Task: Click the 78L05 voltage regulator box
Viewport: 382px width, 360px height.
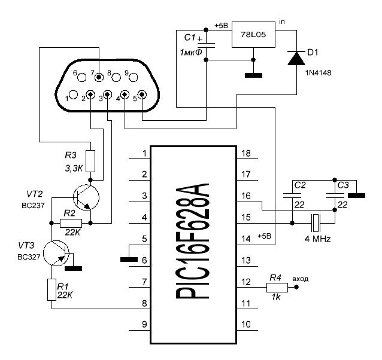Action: pos(253,35)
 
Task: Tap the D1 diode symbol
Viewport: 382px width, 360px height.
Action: pos(296,58)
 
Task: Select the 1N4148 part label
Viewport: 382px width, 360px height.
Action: pos(318,73)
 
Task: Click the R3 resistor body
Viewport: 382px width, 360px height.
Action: pos(90,161)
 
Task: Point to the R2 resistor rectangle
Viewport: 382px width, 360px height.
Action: pos(71,223)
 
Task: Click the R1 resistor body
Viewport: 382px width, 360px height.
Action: pos(51,289)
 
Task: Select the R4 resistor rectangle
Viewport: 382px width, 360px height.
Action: pos(277,288)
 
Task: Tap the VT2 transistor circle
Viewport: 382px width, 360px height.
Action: pos(86,197)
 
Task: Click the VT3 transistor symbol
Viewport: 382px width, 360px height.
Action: pos(56,253)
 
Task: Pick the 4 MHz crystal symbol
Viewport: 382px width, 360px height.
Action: pos(316,223)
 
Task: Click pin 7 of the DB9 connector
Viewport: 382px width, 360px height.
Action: pos(99,77)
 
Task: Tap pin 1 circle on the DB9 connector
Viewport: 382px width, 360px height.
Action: pos(73,94)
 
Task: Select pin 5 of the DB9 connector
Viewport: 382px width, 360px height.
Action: pos(142,94)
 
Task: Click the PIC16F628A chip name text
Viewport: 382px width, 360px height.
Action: pos(192,241)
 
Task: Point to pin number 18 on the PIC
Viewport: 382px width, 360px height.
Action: pos(246,154)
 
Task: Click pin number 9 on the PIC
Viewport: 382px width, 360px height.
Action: pos(144,324)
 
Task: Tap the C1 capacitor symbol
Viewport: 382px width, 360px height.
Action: pos(206,45)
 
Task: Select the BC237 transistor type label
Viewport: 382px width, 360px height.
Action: pos(33,206)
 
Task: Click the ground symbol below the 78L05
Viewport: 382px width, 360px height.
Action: pos(253,75)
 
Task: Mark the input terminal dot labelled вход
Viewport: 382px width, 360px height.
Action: pos(296,288)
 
